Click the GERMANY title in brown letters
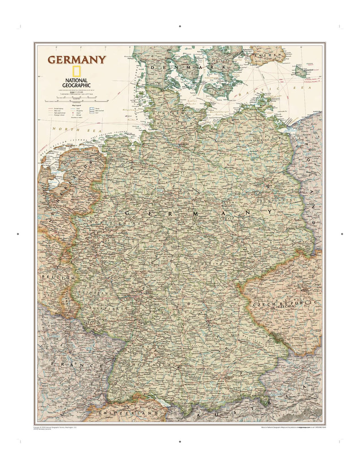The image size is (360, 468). pos(77,60)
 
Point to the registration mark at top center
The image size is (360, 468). pos(180,27)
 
